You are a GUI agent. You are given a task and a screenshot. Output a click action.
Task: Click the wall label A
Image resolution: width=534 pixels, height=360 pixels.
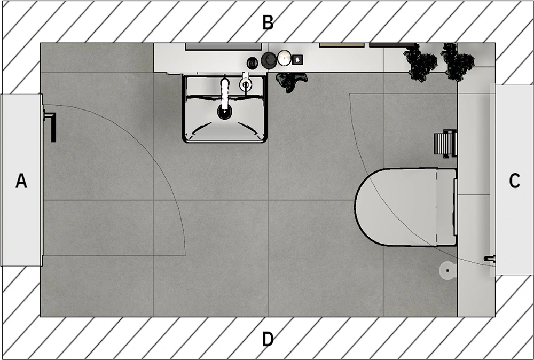[21, 181]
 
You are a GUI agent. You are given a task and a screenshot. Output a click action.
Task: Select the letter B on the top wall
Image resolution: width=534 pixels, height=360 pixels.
[268, 22]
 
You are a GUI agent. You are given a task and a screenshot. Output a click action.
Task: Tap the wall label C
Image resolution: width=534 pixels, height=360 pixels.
[514, 181]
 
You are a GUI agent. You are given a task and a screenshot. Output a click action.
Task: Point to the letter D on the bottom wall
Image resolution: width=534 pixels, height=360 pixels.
[268, 339]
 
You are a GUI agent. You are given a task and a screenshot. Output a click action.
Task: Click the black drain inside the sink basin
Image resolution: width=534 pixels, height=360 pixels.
[225, 112]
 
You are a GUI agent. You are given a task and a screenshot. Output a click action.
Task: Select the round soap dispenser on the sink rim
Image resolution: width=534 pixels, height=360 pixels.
[245, 83]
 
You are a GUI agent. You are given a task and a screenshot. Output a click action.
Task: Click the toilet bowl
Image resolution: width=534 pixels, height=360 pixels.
[405, 207]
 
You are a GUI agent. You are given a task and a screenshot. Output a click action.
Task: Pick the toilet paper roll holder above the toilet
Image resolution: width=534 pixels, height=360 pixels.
[445, 143]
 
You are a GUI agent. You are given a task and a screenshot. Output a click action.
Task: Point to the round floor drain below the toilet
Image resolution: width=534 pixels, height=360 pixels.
[447, 270]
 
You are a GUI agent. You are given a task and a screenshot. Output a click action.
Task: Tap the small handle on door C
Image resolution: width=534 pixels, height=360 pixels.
[490, 259]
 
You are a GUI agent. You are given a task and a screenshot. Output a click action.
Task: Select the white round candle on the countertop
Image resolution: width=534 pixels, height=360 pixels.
[284, 58]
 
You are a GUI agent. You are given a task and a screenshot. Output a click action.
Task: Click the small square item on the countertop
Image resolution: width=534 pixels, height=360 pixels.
[297, 60]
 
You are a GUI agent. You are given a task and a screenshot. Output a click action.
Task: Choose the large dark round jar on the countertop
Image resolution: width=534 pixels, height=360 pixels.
[269, 60]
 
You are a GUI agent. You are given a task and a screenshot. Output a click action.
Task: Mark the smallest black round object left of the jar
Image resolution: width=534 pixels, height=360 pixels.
[253, 62]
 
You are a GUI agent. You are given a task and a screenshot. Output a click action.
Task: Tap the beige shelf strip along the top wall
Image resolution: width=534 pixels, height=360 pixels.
[342, 45]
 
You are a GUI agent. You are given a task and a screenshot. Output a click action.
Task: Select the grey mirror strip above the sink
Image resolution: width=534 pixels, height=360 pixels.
[223, 46]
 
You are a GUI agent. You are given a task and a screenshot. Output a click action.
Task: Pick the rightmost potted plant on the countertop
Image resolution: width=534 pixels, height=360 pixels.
[458, 62]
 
